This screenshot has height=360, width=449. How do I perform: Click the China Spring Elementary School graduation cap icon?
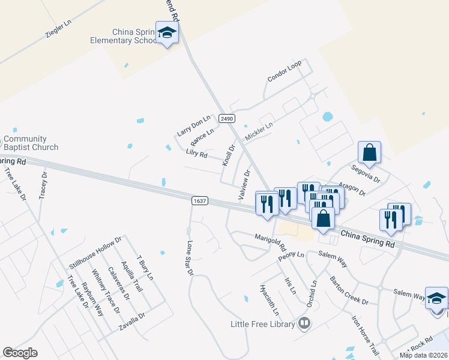pyautogui.click(x=167, y=32)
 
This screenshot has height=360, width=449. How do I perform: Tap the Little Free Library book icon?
pyautogui.click(x=304, y=324)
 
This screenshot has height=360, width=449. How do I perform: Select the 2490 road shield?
pyautogui.click(x=226, y=119)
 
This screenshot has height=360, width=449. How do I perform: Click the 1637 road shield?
pyautogui.click(x=200, y=201)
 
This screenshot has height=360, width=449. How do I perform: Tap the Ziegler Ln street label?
pyautogui.click(x=58, y=28)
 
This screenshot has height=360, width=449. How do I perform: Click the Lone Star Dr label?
pyautogui.click(x=190, y=258)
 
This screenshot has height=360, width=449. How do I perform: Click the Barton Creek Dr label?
pyautogui.click(x=349, y=290)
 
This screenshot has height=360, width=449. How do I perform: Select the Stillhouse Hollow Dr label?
pyautogui.click(x=95, y=253)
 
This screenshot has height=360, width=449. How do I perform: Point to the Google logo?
pyautogui.click(x=20, y=353)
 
